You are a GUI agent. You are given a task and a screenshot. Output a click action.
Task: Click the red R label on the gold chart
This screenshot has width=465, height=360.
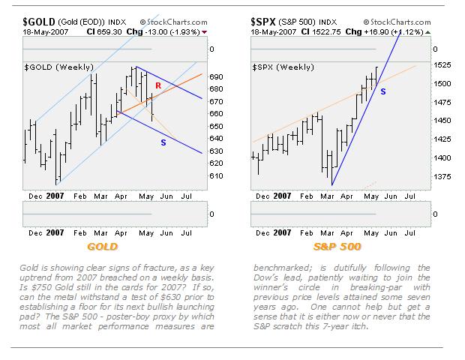158,86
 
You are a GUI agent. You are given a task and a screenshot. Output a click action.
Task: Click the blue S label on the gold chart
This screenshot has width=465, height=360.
163,142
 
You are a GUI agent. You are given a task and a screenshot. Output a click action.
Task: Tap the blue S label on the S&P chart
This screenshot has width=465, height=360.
383,91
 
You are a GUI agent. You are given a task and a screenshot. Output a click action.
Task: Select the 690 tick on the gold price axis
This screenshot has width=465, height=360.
217,76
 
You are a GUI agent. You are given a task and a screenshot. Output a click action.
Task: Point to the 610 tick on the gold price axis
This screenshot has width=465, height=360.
217,175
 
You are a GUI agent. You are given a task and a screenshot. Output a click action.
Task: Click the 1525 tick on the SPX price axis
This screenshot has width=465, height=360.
443,65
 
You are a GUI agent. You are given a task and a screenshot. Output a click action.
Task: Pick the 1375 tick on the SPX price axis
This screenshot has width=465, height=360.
443,177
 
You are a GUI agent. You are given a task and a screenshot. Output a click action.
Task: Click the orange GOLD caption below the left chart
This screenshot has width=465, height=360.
103,246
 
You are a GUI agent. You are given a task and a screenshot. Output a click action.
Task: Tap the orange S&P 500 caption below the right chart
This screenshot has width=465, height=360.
337,246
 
